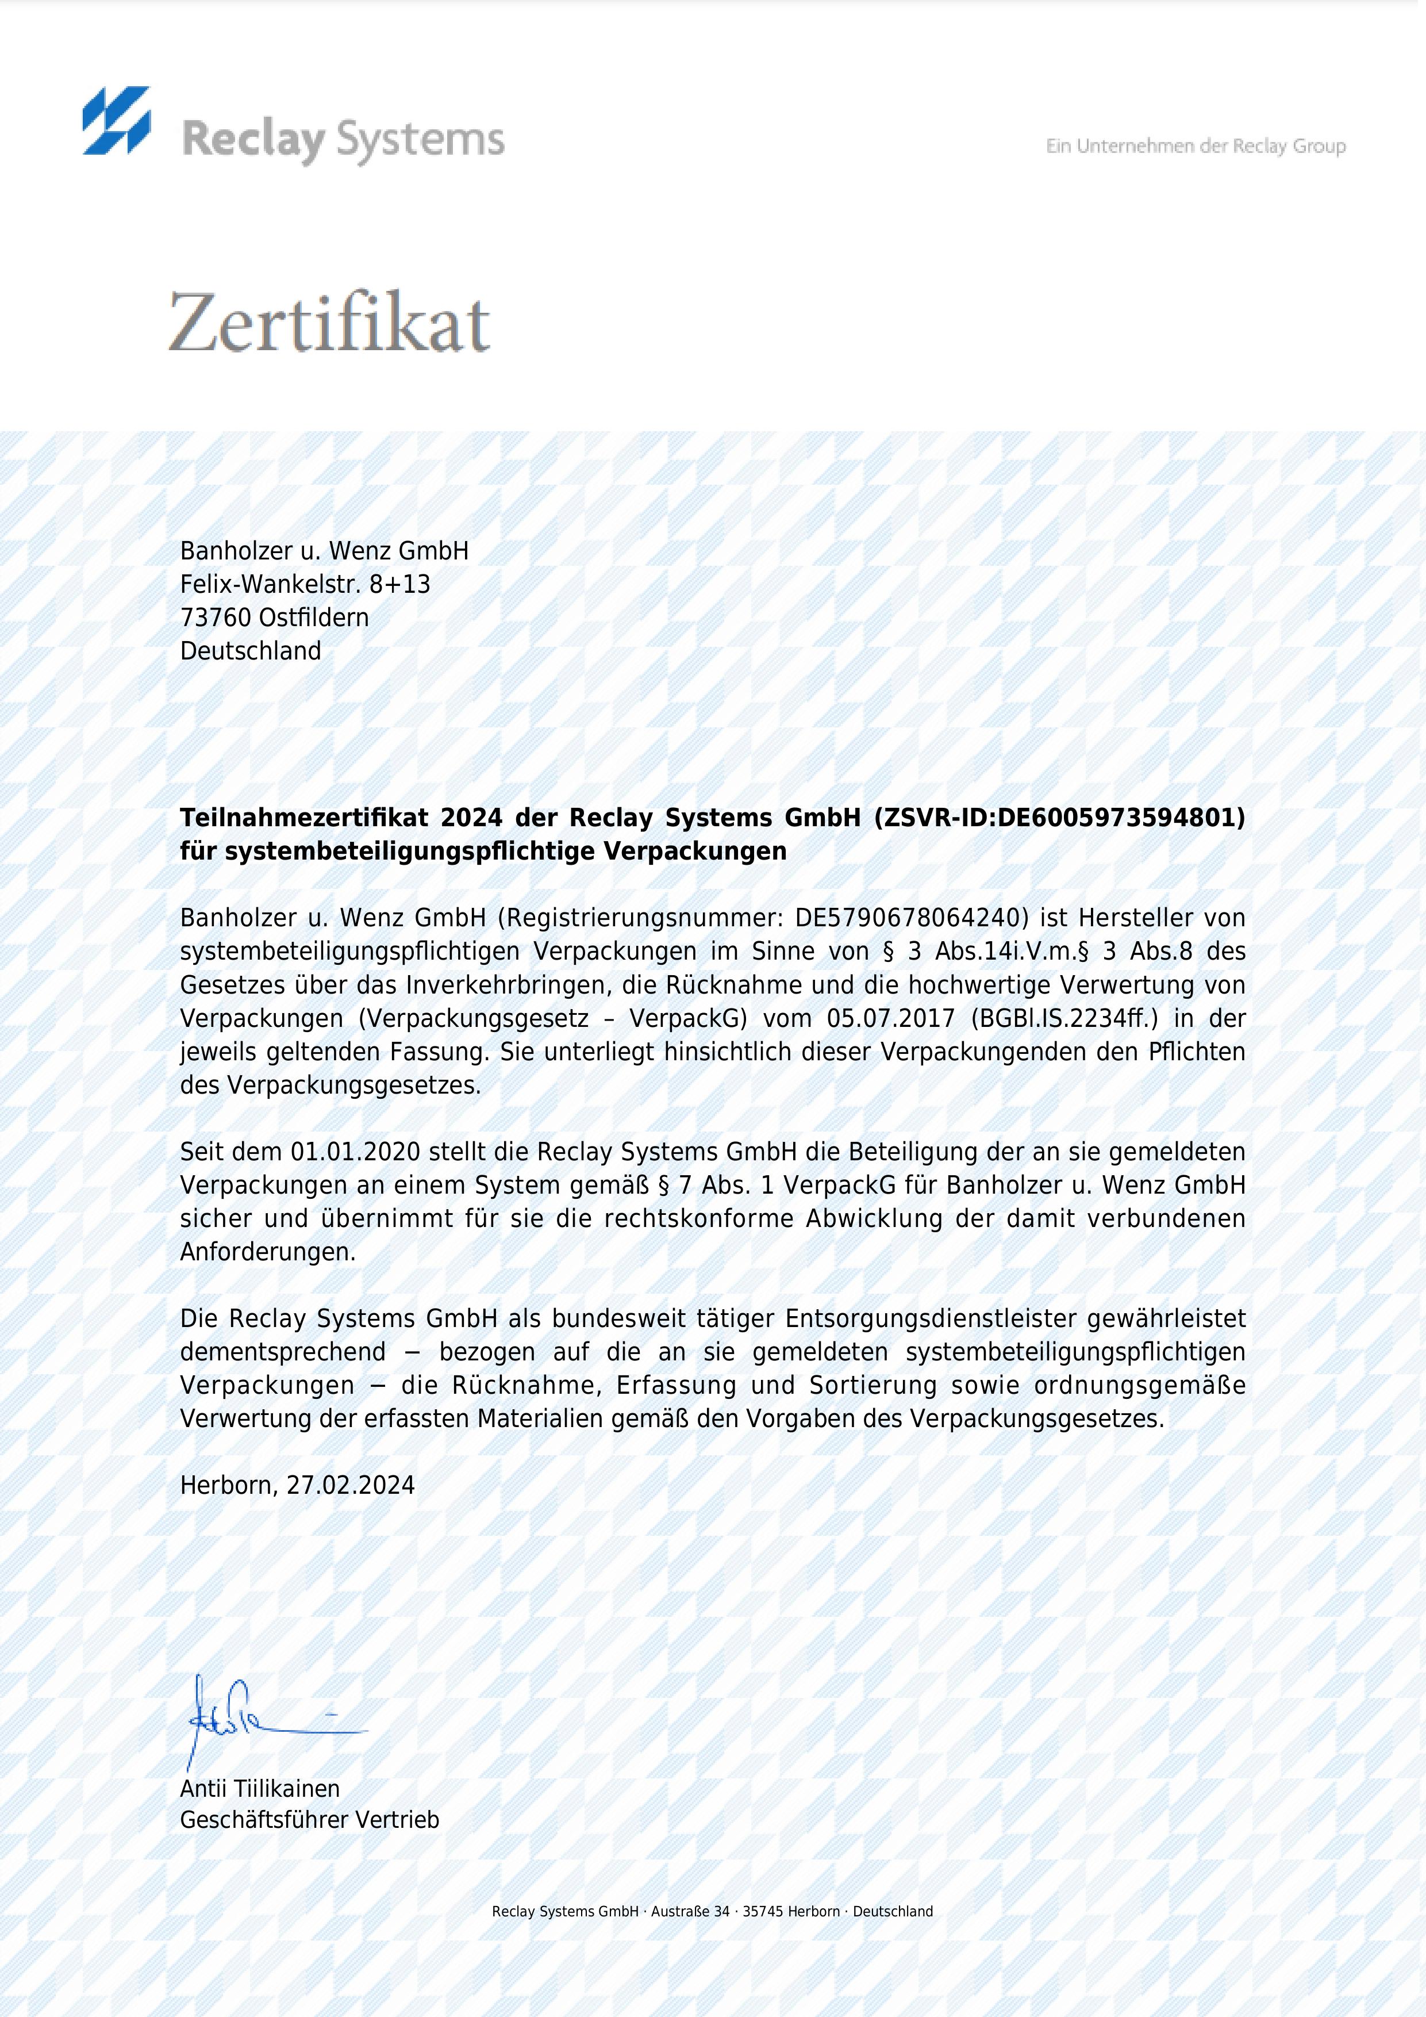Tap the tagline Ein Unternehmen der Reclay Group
[1195, 146]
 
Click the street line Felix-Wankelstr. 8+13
[305, 584]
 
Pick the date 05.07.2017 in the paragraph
[890, 1018]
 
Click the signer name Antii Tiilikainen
[260, 1789]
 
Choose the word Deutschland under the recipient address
[250, 651]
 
